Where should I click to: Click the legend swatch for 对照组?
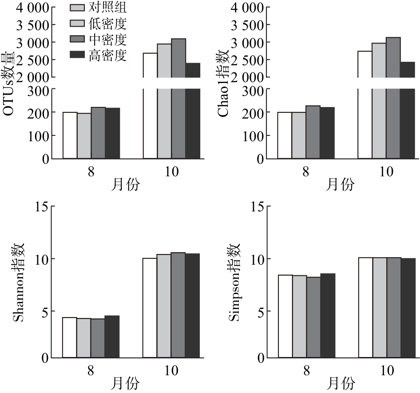point(78,8)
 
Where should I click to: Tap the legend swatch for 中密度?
point(78,40)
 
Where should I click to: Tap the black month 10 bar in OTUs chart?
point(193,111)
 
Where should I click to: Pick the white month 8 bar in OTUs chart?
point(70,135)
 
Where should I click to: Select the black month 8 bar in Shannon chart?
point(112,336)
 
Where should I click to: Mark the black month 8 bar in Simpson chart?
point(327,315)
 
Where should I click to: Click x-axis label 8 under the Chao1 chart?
point(306,171)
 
